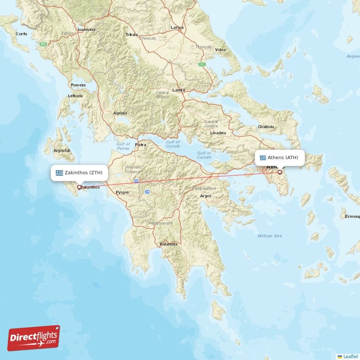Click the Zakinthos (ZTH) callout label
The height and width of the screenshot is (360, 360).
pyautogui.click(x=79, y=172)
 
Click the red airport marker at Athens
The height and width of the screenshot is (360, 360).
pyautogui.click(x=279, y=171)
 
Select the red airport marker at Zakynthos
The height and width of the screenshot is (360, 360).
pyautogui.click(x=79, y=187)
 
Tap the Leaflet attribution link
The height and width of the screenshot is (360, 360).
pyautogui.click(x=350, y=356)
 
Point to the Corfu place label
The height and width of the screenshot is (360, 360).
pyautogui.click(x=22, y=34)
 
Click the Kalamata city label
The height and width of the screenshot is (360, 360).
pyautogui.click(x=169, y=244)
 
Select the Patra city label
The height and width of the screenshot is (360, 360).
pyautogui.click(x=141, y=145)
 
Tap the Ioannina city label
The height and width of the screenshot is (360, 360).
pyautogui.click(x=86, y=30)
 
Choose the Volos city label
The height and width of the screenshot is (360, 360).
pyautogui.click(x=220, y=49)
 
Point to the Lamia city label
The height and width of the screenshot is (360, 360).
pyautogui.click(x=179, y=90)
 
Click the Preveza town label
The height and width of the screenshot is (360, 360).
pyautogui.click(x=78, y=85)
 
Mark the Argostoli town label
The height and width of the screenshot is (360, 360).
pyautogui.click(x=63, y=150)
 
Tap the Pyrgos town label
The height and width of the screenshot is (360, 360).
pyautogui.click(x=122, y=192)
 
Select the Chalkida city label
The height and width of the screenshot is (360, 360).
pyautogui.click(x=265, y=127)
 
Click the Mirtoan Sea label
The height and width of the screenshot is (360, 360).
pyautogui.click(x=270, y=236)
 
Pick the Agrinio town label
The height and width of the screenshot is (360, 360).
pyautogui.click(x=121, y=113)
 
